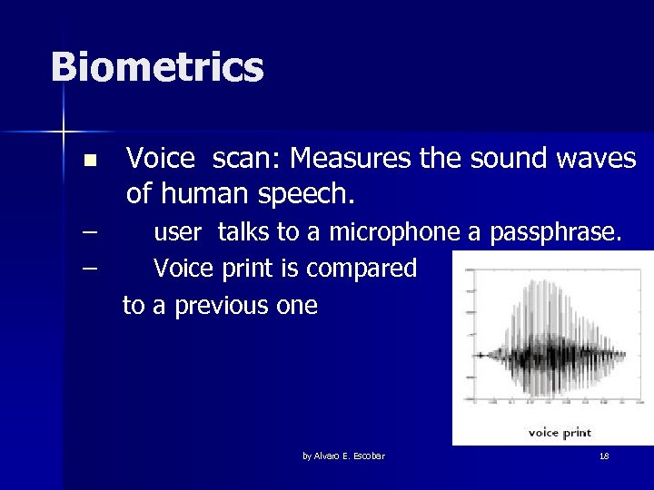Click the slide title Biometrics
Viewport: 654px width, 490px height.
click(157, 67)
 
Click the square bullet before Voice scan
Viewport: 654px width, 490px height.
click(88, 162)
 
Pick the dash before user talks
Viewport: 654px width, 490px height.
click(89, 232)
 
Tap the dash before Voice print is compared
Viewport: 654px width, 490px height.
click(89, 269)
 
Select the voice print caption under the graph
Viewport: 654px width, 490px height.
click(560, 432)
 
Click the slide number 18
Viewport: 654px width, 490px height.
click(604, 456)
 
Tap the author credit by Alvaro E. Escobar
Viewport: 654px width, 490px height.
click(343, 456)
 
